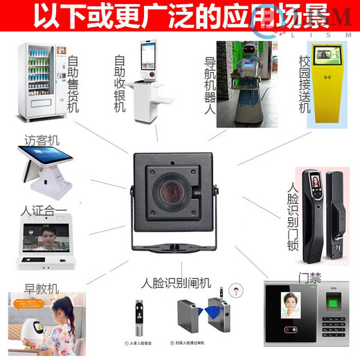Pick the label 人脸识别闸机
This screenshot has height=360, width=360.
point(176,284)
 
